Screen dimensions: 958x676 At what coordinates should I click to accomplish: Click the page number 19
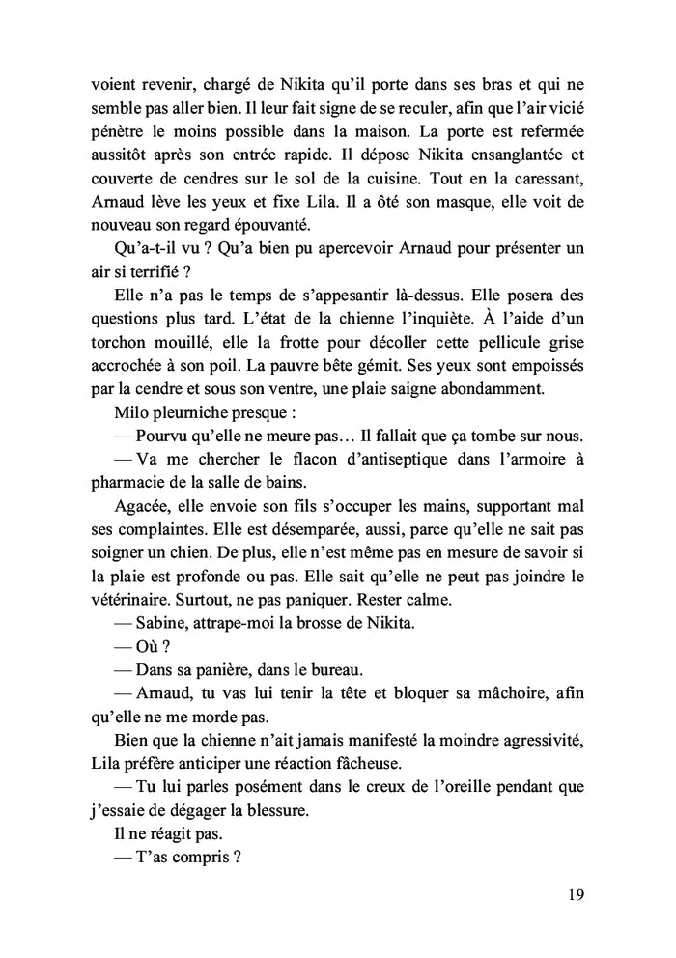click(x=574, y=893)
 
